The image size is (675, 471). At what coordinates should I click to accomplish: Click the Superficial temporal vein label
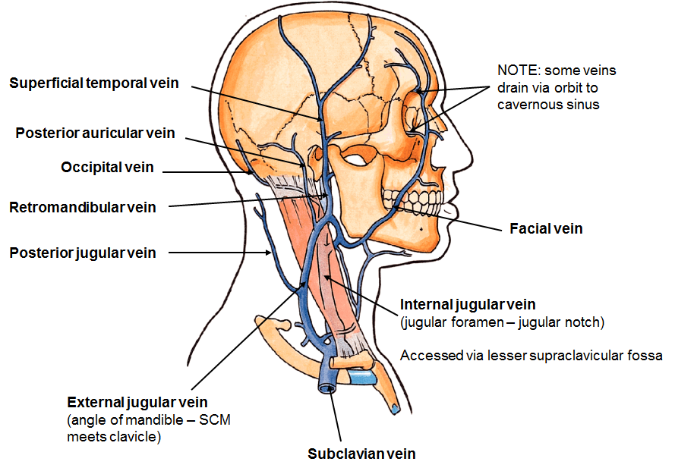point(93,83)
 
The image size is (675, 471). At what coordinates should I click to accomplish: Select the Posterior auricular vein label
point(95,133)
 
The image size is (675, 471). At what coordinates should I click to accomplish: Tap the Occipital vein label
point(107,168)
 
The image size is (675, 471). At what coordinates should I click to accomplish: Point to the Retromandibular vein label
point(82,207)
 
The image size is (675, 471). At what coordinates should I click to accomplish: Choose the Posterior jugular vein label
point(82,253)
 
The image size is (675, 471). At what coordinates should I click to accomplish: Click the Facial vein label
point(546,228)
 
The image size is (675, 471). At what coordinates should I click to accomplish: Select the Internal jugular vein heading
point(468,305)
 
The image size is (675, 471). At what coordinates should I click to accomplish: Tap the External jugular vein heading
point(137,402)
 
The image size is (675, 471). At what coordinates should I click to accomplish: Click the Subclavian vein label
point(361,454)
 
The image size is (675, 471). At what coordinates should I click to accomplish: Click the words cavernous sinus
point(548,104)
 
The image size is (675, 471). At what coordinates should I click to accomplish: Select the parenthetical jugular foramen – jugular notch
point(502,322)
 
